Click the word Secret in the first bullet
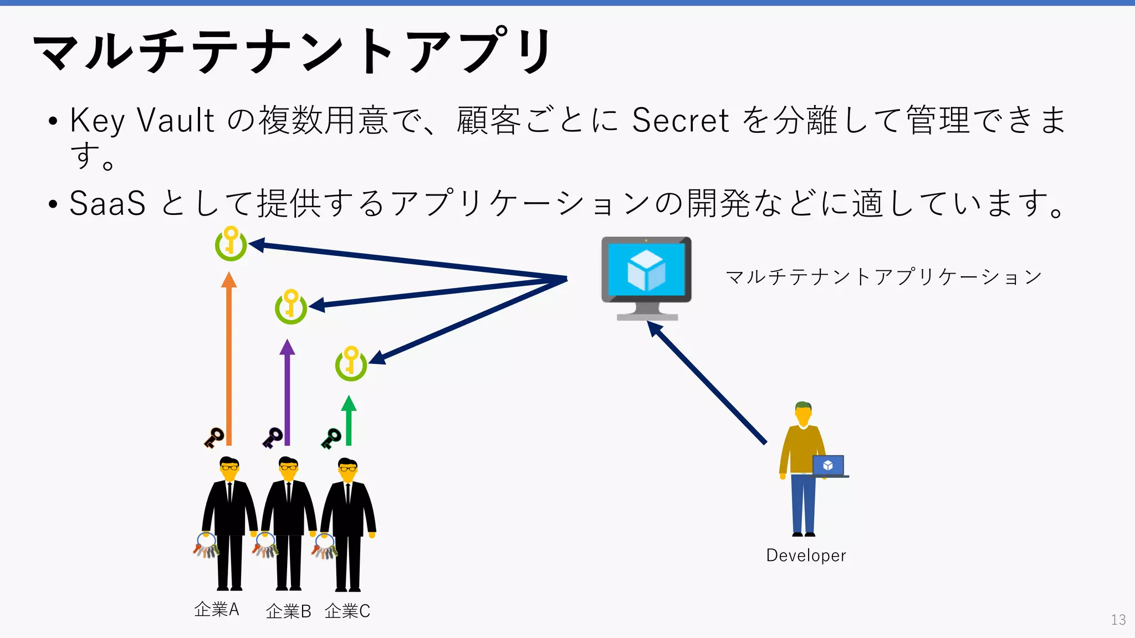680,120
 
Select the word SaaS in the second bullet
108,203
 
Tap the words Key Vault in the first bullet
142,120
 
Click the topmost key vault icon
231,244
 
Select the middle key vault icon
290,306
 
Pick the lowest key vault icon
351,363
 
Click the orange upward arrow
229,360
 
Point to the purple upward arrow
287,393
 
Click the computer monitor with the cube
646,277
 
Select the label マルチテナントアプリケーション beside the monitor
883,277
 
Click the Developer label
806,555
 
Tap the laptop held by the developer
829,466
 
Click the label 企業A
217,610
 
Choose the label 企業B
288,611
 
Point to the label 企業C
347,611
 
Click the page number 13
1118,620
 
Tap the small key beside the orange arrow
213,438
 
